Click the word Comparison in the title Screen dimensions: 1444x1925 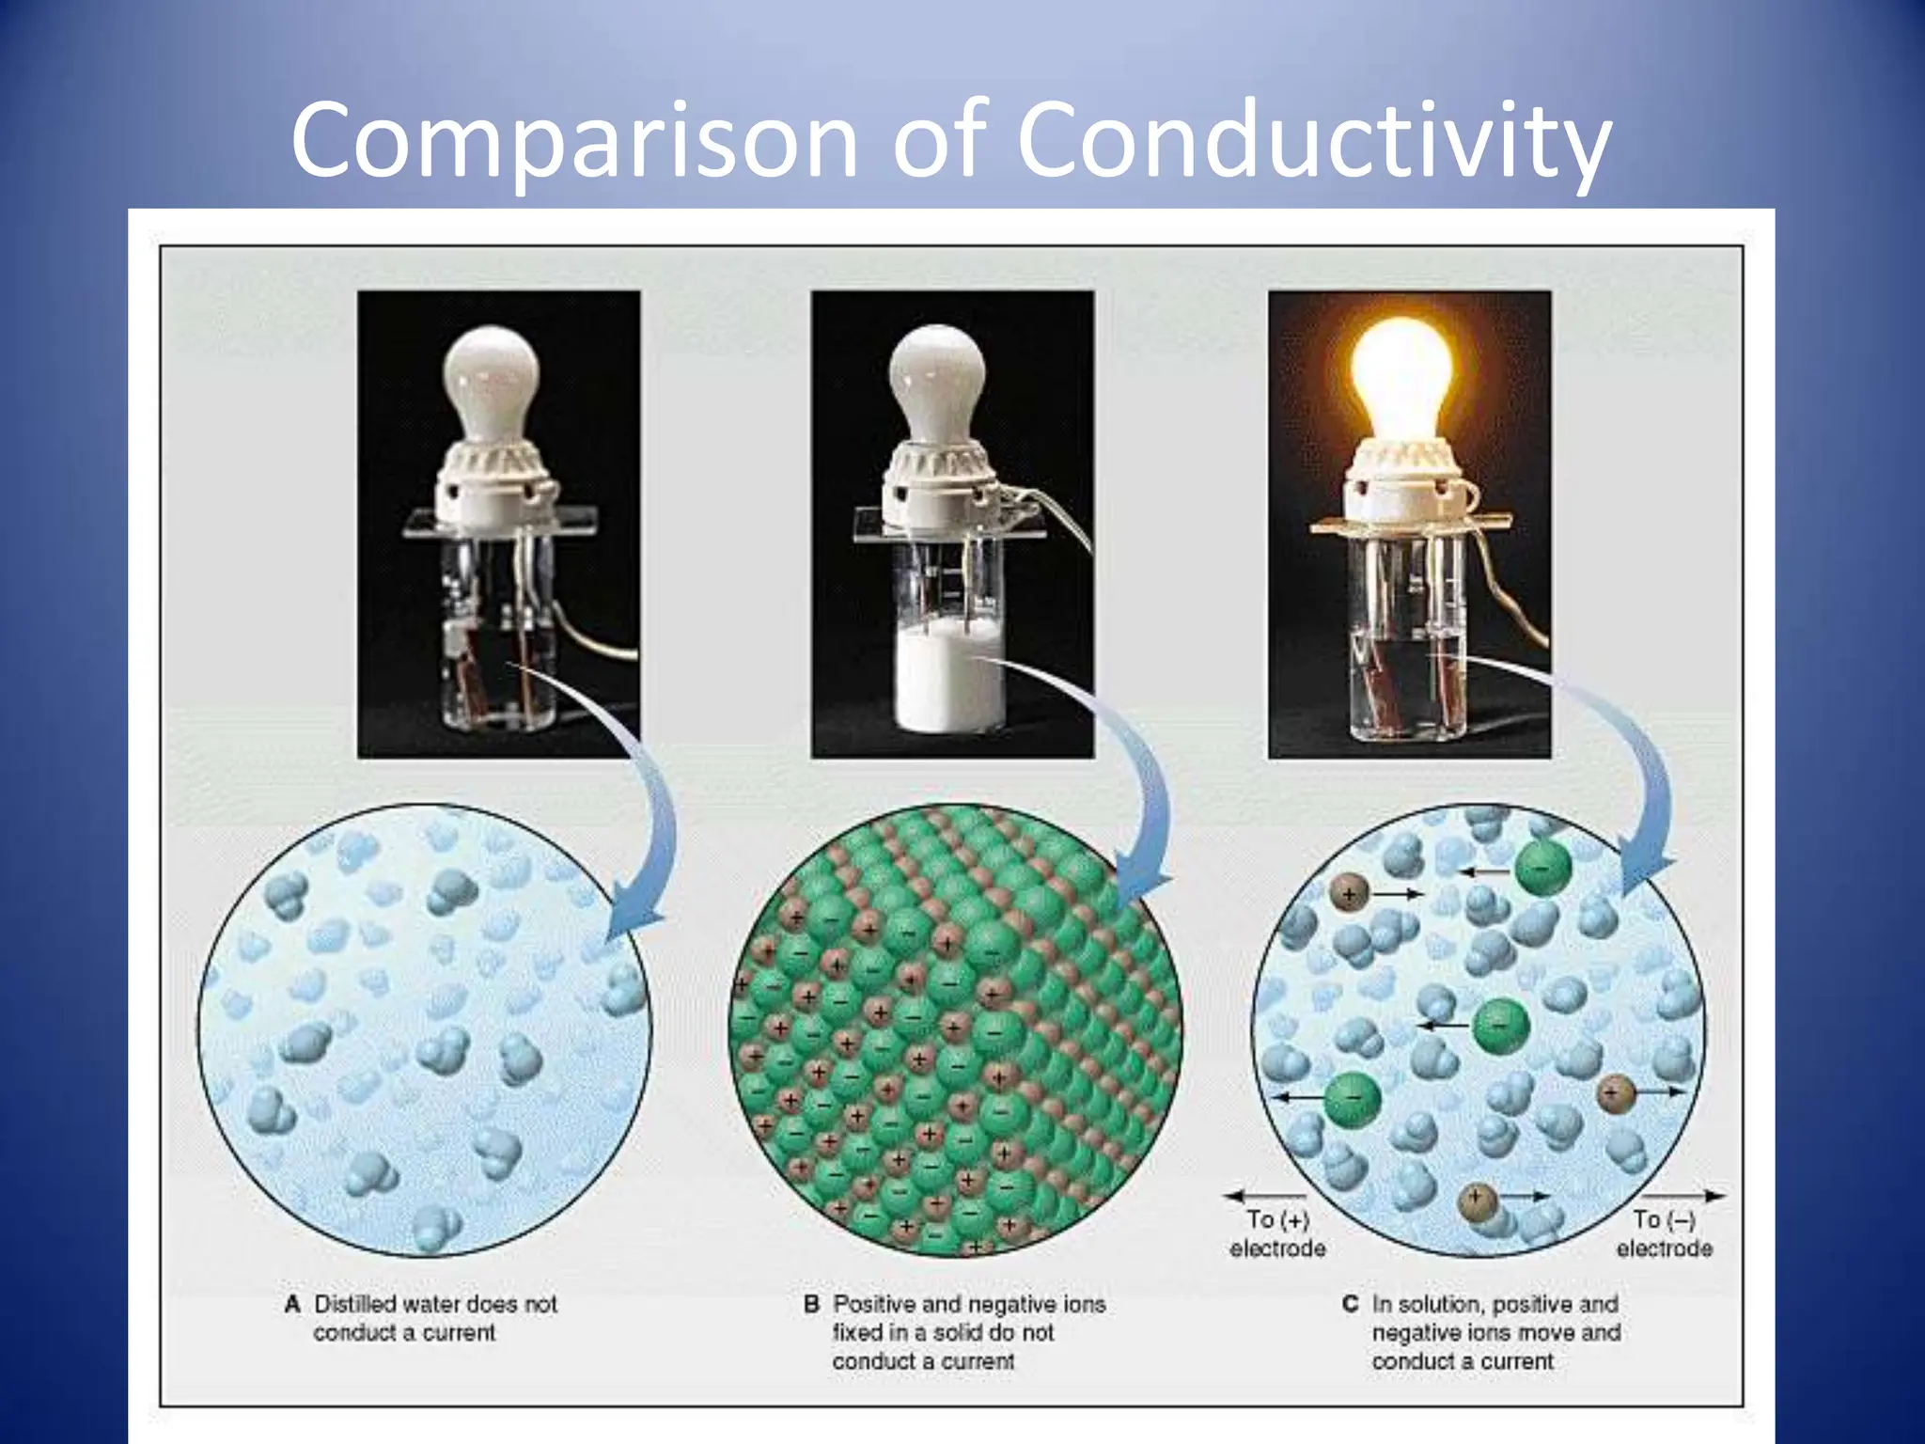(x=573, y=141)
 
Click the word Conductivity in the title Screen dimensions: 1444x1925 (x=1314, y=141)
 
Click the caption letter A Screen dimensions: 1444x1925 (x=292, y=1305)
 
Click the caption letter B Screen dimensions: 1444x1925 (x=812, y=1305)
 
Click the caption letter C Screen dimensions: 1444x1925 (x=1351, y=1305)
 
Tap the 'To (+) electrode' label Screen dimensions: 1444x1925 (x=1277, y=1233)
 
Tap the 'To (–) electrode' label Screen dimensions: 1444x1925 (x=1664, y=1233)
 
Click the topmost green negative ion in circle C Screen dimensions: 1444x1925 (x=1542, y=868)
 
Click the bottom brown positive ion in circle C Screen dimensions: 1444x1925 (x=1477, y=1202)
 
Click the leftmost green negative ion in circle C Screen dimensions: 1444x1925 (x=1353, y=1097)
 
